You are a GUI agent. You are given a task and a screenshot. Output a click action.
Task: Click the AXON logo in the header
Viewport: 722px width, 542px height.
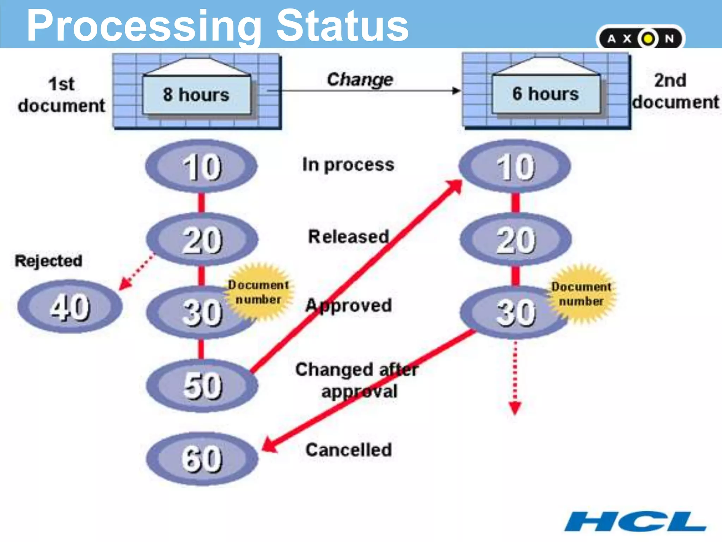click(640, 38)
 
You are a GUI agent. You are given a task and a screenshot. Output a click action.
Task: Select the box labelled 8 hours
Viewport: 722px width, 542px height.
click(196, 95)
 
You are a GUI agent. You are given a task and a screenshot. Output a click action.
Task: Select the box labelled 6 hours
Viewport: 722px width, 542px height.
click(546, 94)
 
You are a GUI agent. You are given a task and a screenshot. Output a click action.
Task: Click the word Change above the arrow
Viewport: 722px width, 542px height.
click(360, 79)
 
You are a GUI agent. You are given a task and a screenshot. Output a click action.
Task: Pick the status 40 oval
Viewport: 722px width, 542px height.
click(70, 306)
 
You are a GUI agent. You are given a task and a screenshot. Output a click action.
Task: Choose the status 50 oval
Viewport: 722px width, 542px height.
click(202, 385)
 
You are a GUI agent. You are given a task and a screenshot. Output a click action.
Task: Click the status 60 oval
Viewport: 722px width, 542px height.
click(202, 458)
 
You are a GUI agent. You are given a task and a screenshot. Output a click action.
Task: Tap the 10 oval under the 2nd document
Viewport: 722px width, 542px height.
click(515, 166)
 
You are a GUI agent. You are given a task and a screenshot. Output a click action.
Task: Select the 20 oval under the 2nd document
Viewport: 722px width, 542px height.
click(515, 240)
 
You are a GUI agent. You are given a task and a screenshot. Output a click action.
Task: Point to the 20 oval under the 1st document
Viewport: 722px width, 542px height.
click(202, 240)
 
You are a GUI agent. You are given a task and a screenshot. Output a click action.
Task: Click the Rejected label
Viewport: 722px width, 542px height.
click(49, 261)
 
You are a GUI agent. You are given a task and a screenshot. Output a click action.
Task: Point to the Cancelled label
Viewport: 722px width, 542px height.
click(349, 450)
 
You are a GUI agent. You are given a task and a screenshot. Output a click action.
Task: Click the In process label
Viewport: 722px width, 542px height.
click(348, 165)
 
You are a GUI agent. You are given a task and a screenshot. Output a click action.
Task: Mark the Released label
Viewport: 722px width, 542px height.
click(349, 236)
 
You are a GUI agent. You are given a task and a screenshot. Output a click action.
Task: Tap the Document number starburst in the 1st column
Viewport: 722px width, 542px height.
click(258, 292)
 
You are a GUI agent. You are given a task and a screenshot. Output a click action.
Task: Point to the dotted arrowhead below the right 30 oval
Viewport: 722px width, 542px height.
click(515, 408)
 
